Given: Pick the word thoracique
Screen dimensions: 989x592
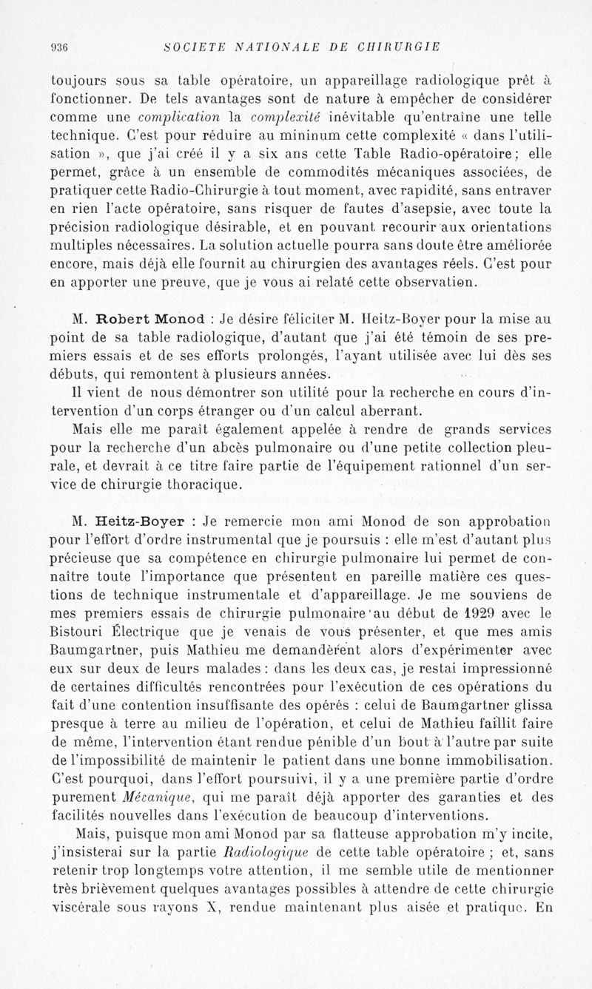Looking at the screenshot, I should tap(201, 485).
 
